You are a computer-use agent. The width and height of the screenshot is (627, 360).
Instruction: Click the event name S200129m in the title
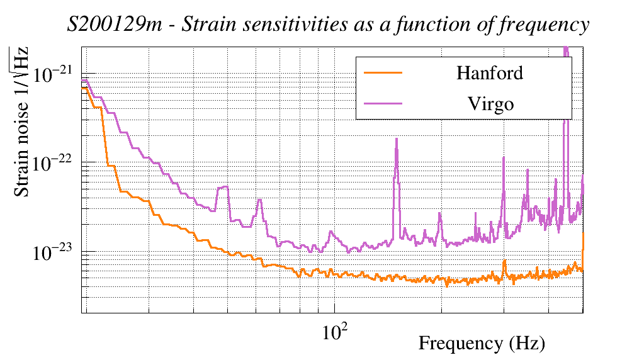(106, 25)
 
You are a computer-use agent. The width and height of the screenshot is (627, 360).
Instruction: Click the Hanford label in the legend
(490, 73)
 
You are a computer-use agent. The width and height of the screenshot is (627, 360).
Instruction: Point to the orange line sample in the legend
(383, 73)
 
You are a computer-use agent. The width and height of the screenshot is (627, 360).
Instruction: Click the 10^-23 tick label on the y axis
(54, 252)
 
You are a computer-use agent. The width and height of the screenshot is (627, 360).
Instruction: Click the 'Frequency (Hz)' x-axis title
(482, 344)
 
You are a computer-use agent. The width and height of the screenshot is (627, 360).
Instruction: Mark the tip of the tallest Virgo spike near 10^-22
(397, 139)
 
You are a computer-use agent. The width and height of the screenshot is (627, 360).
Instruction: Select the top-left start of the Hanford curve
(83, 89)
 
